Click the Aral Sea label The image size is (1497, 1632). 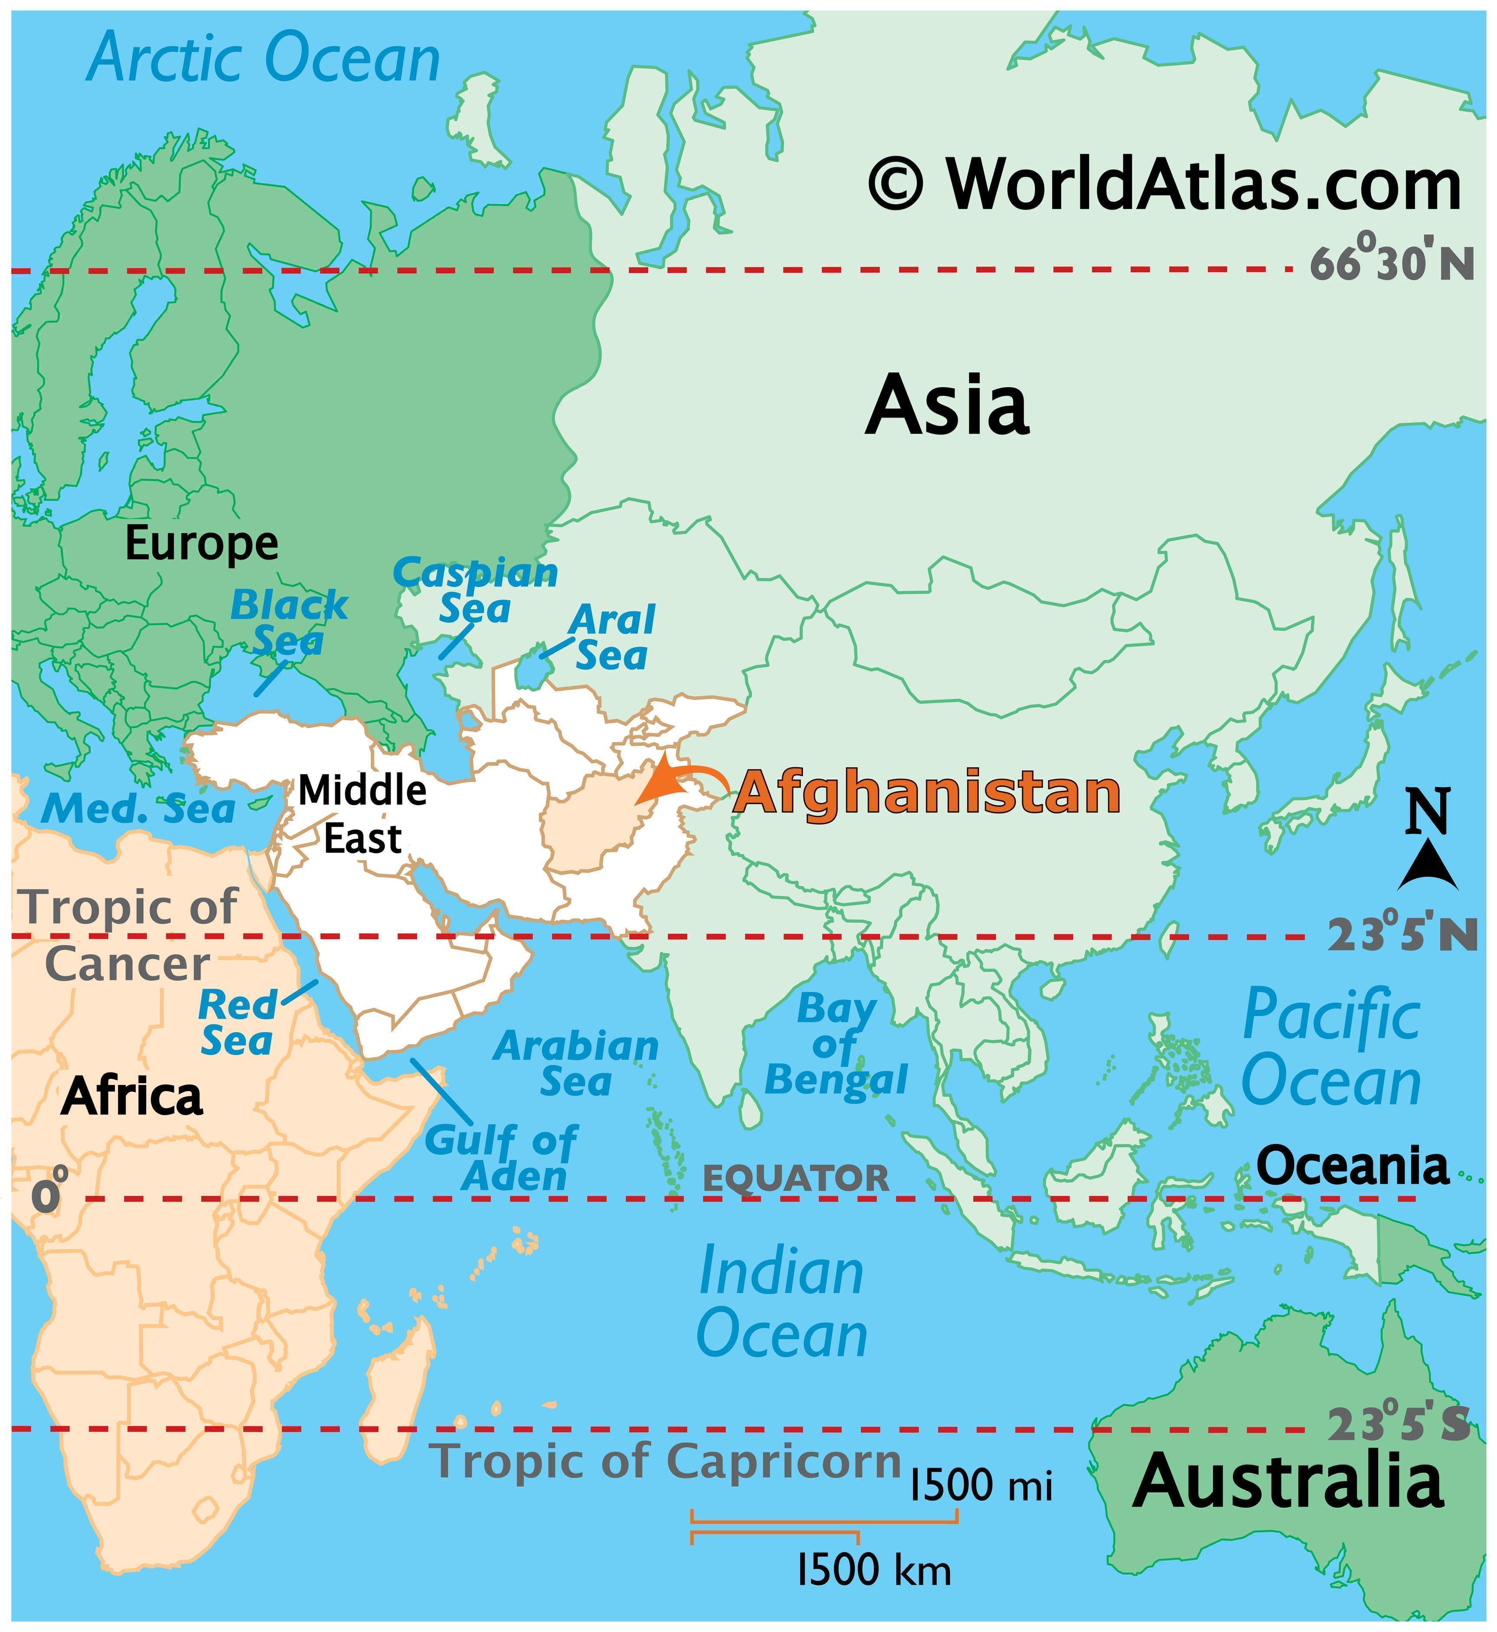point(612,638)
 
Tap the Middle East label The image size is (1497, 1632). point(362,814)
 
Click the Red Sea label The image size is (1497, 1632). point(237,1023)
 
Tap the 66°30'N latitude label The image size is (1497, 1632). point(1391,262)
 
